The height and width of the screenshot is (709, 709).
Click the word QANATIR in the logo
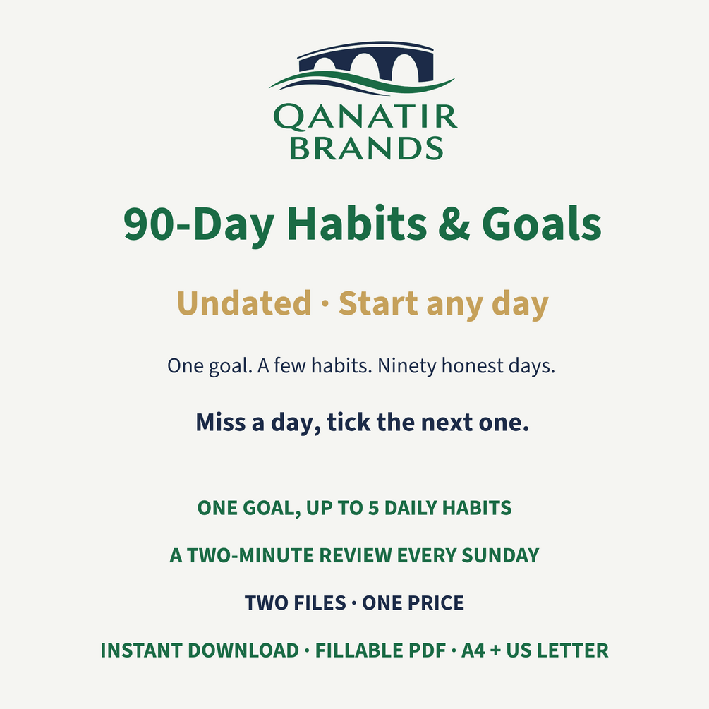point(365,117)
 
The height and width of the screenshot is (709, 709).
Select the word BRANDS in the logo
point(366,148)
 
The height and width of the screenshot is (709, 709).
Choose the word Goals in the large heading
point(541,224)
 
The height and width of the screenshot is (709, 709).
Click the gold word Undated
point(244,303)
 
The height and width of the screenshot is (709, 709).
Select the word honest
point(472,365)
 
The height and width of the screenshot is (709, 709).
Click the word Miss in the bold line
point(221,423)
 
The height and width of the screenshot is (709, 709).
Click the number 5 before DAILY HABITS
point(373,508)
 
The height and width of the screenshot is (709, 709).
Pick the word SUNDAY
point(500,555)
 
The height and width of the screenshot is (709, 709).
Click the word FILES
point(320,602)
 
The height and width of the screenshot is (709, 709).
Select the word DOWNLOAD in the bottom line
point(243,650)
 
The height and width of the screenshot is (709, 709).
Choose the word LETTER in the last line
point(573,650)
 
